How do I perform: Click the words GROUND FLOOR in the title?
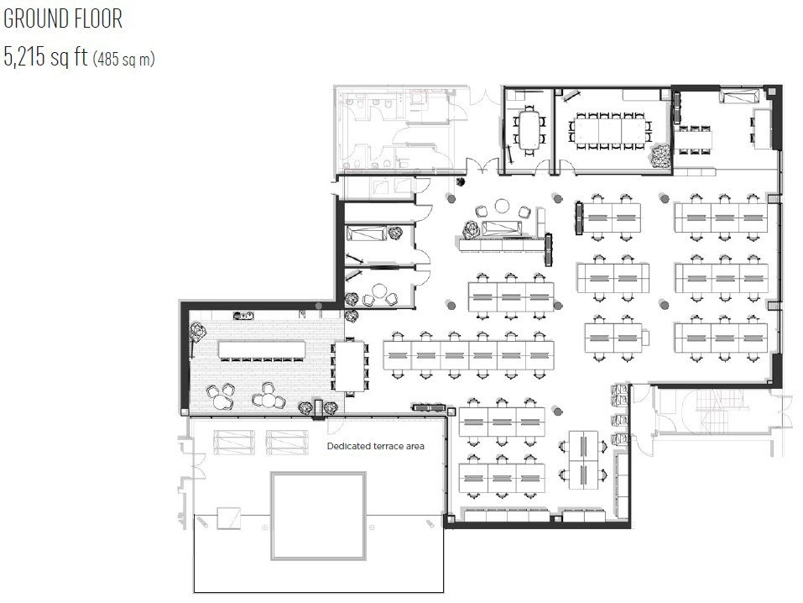(x=63, y=19)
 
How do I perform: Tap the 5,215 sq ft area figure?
(x=45, y=56)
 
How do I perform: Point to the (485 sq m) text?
(x=123, y=59)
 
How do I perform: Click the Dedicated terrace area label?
(x=375, y=446)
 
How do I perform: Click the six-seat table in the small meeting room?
(x=529, y=130)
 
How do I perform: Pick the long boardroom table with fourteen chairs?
(x=609, y=131)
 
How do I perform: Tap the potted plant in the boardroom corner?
(x=660, y=155)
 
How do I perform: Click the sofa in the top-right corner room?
(x=740, y=96)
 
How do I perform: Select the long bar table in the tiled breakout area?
(x=262, y=349)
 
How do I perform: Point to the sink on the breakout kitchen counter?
(x=243, y=316)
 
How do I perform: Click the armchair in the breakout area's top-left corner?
(x=197, y=332)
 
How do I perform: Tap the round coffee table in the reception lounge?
(x=502, y=206)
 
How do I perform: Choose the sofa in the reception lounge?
(x=502, y=228)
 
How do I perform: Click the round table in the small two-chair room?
(x=379, y=291)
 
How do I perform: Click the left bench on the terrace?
(x=234, y=442)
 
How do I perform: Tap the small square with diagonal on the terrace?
(x=228, y=518)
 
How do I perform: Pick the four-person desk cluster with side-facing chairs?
(x=583, y=460)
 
